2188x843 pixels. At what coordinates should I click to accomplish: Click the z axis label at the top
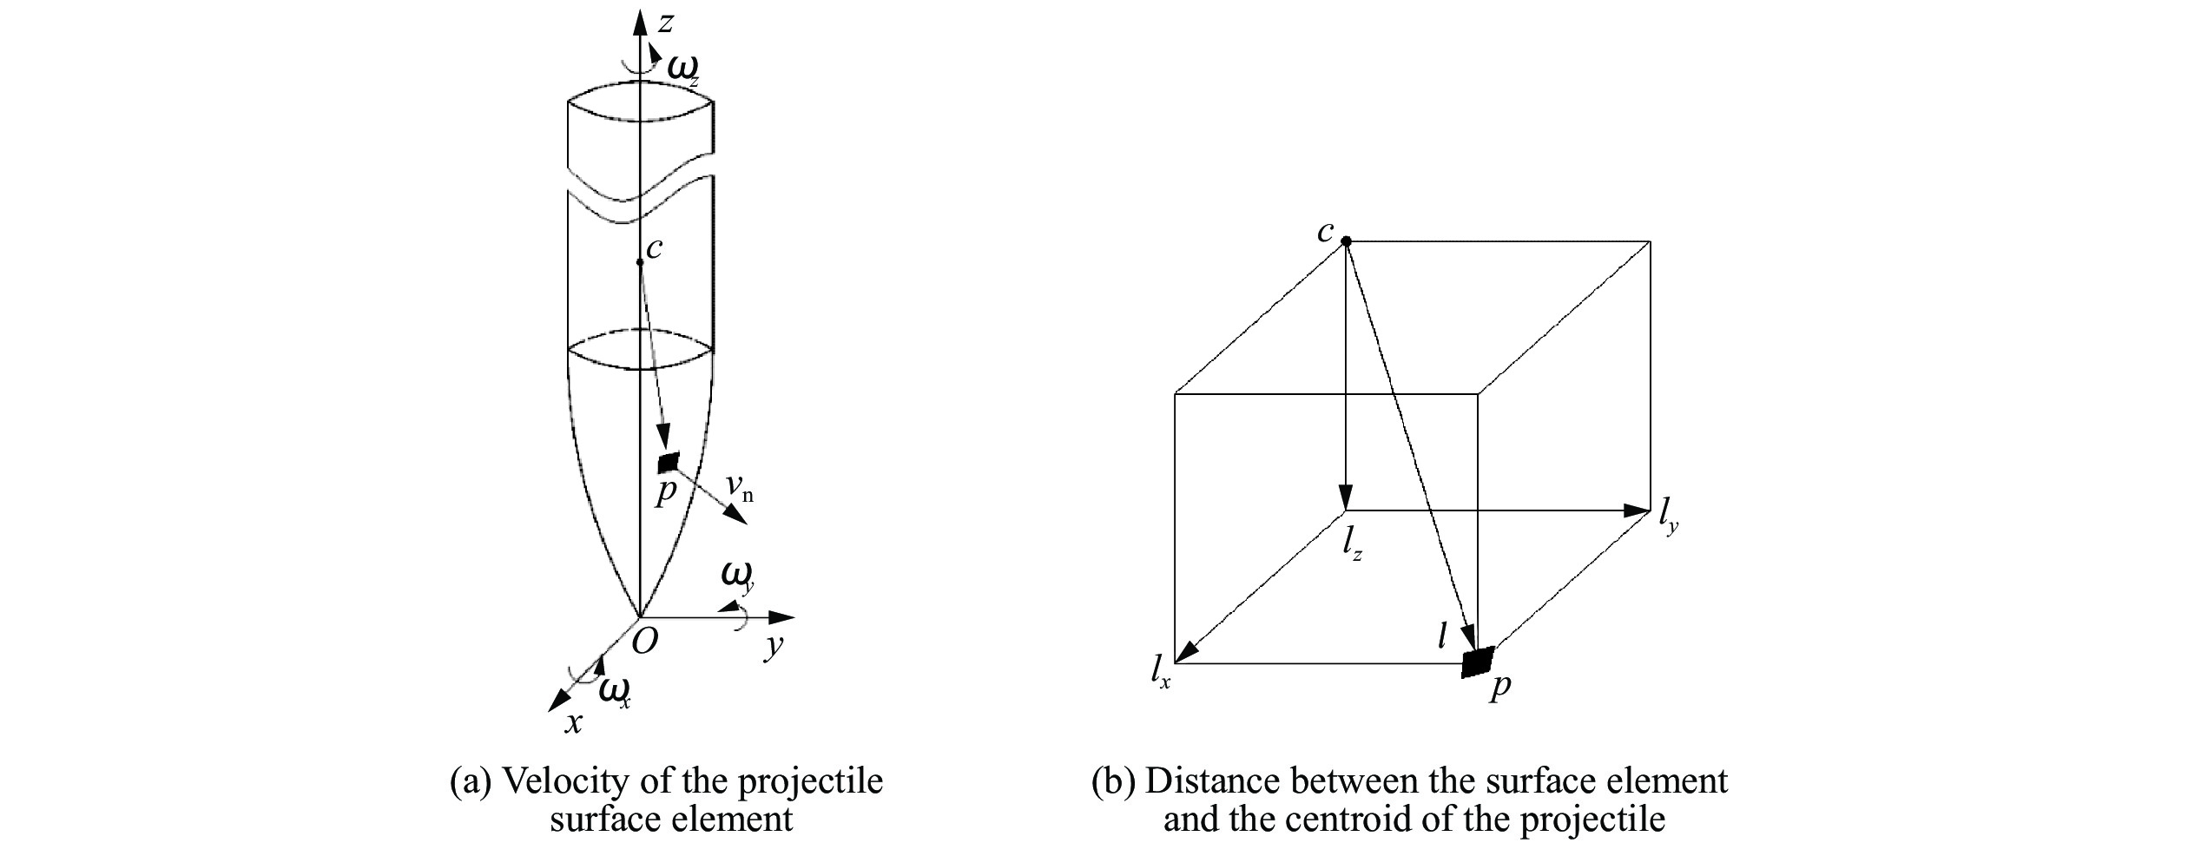(665, 23)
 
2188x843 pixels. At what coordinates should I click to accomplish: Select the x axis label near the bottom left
(573, 723)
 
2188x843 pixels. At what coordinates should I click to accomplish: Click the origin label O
(644, 642)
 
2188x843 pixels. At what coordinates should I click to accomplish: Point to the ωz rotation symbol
(682, 68)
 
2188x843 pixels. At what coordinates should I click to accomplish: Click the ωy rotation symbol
(737, 576)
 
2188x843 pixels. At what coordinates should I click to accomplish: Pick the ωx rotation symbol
(614, 692)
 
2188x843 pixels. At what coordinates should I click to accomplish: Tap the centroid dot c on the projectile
(640, 261)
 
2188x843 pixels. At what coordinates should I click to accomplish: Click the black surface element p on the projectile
(669, 463)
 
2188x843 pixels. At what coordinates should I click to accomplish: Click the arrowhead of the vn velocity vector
(736, 515)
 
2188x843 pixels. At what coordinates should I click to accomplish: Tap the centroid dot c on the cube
(1346, 241)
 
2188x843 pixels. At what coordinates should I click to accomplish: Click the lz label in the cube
(1351, 543)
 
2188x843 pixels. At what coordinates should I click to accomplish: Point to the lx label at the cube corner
(1161, 672)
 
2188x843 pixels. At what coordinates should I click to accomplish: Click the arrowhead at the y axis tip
(783, 617)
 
